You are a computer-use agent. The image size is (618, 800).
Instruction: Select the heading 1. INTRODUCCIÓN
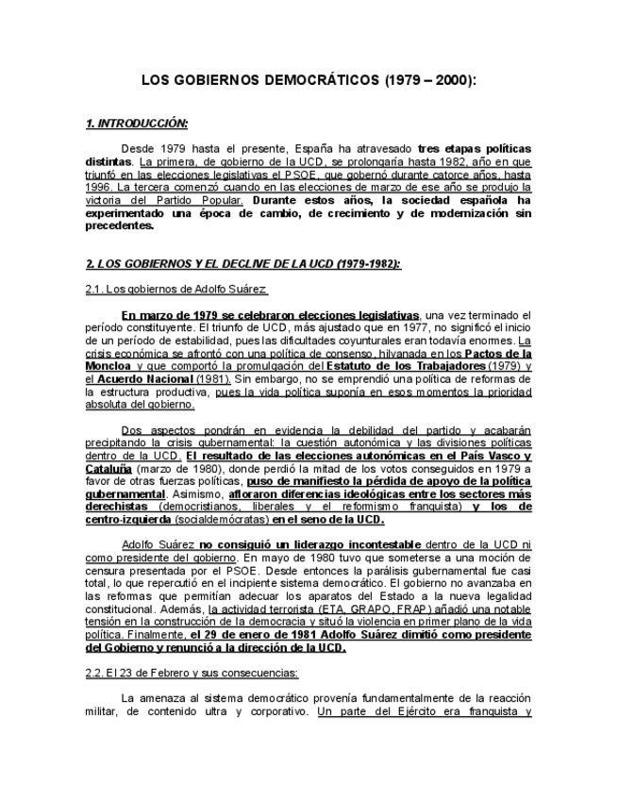tap(137, 124)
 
